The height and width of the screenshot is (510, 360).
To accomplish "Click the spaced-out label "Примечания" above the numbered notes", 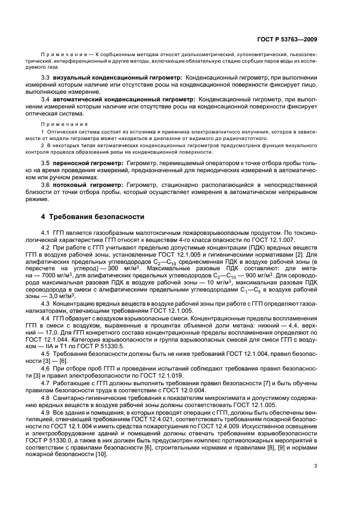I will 56,124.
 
